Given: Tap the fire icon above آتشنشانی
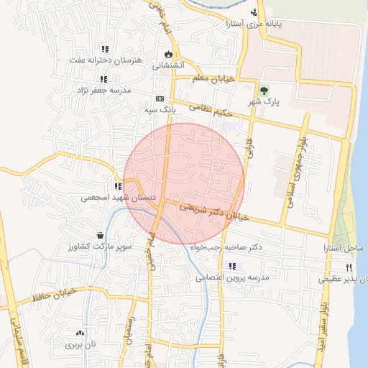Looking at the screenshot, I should pos(168,54).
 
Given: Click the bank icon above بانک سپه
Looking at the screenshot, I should pos(160,99).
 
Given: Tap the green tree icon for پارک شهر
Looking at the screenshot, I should pos(264,91).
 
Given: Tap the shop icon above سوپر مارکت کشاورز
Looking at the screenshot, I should pos(100,235).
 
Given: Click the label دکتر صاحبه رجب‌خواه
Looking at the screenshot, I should pos(226,247).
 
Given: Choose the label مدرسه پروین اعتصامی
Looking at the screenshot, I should pos(232,277).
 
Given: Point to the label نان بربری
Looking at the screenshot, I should pos(81,345).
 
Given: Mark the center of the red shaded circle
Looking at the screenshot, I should pos(185,184).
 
